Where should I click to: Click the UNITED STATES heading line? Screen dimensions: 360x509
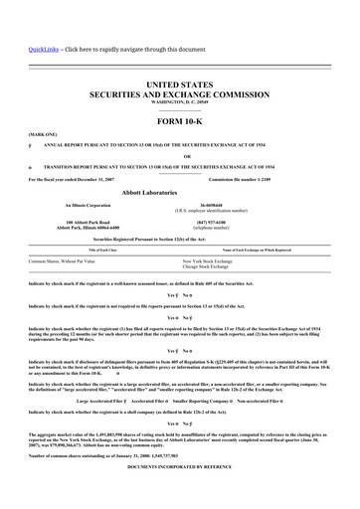(180, 87)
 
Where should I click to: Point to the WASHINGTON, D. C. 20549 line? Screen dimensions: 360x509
(180, 103)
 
